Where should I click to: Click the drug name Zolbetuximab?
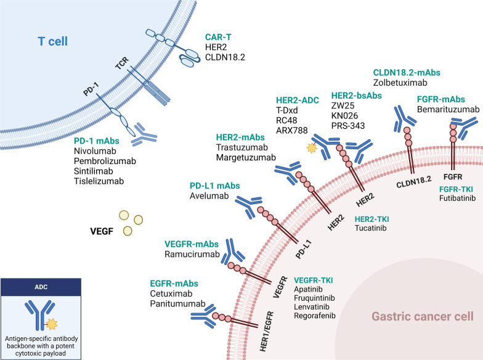[x=400, y=82]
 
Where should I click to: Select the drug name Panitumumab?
[x=179, y=305]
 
